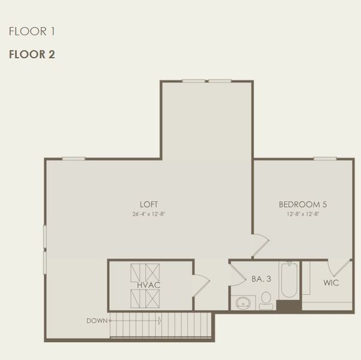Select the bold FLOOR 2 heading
pyautogui.click(x=32, y=54)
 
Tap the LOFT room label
pyautogui.click(x=148, y=204)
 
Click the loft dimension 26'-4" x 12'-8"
pyautogui.click(x=148, y=214)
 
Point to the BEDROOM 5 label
pyautogui.click(x=302, y=204)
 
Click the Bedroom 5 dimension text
pyautogui.click(x=302, y=214)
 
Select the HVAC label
pyautogui.click(x=148, y=284)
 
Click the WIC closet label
pyautogui.click(x=331, y=283)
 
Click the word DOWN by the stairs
pyautogui.click(x=97, y=320)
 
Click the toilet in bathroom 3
pyautogui.click(x=266, y=299)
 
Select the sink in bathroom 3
pyautogui.click(x=243, y=302)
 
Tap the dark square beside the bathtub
pyautogui.click(x=288, y=305)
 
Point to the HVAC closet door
pyautogui.click(x=200, y=284)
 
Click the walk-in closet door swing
pyautogui.click(x=338, y=268)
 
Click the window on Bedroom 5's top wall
pyautogui.click(x=324, y=158)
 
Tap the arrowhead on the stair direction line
pyautogui.click(x=159, y=321)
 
